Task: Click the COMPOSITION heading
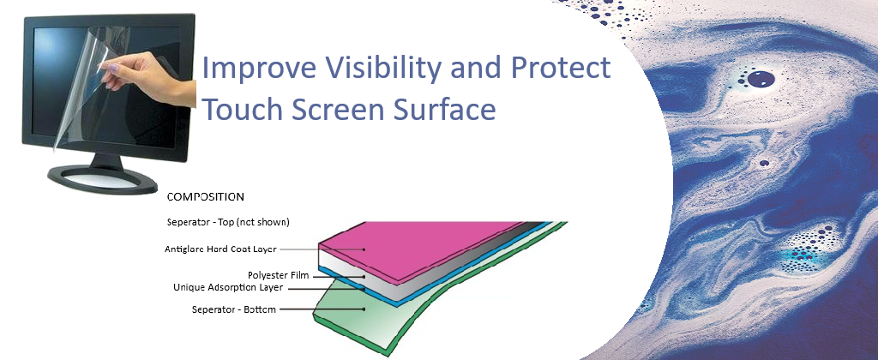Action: (206, 196)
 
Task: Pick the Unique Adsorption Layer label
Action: (227, 287)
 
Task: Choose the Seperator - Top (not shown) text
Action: (228, 222)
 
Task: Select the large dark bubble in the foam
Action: (760, 80)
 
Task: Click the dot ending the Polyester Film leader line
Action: (364, 275)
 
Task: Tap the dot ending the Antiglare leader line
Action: (364, 249)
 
